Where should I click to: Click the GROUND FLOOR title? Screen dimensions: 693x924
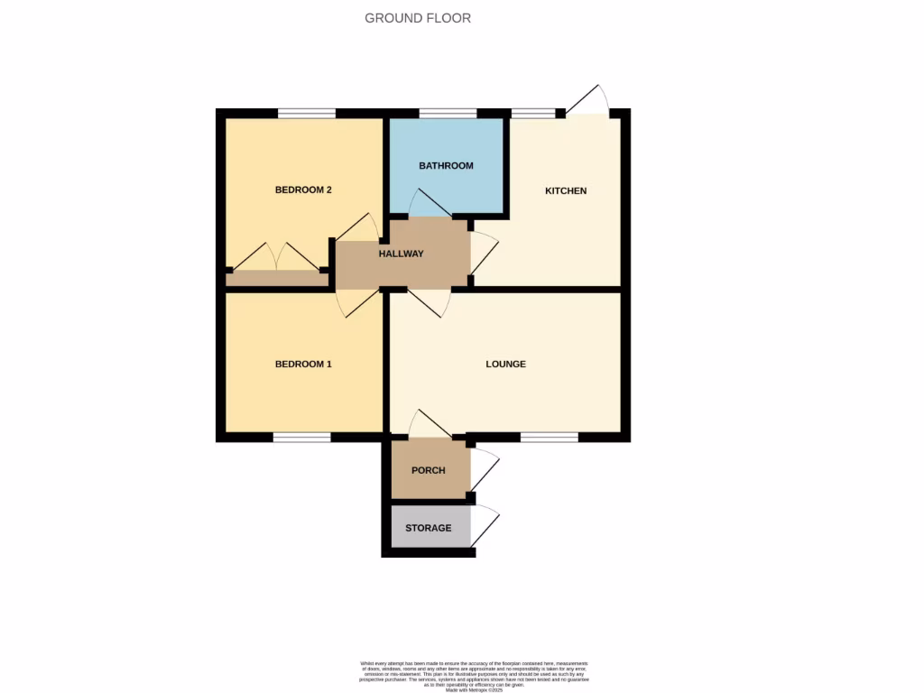tap(418, 18)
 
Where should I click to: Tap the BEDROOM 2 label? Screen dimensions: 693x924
tap(303, 190)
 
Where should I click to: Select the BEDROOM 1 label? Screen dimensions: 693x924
tap(303, 365)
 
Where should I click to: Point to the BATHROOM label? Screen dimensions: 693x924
tap(446, 166)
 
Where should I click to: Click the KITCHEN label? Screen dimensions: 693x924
tap(566, 191)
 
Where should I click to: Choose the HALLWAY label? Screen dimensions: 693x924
tap(402, 254)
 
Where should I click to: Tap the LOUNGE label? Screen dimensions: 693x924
tap(505, 365)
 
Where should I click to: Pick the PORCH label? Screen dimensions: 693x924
tap(429, 471)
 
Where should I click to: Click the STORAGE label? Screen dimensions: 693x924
tap(428, 528)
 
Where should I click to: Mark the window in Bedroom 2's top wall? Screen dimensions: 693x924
tap(307, 114)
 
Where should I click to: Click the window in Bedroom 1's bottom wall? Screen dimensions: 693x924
tap(301, 438)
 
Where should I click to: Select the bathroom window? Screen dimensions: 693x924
tap(448, 114)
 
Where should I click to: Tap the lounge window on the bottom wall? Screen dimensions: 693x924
tap(549, 438)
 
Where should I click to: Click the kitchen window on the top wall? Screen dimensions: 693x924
tap(533, 114)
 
